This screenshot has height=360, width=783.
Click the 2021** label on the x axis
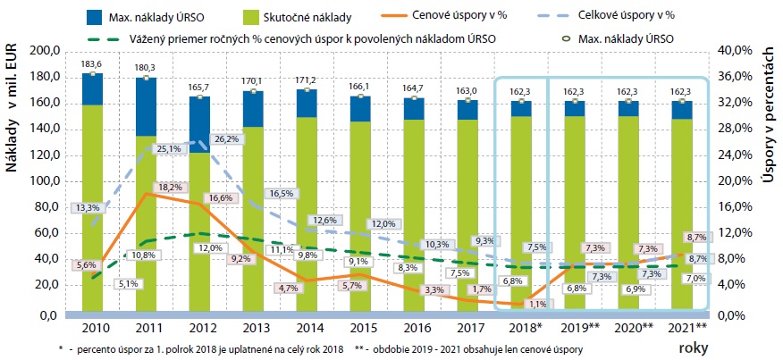point(689,327)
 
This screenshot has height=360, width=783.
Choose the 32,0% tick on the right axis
point(736,103)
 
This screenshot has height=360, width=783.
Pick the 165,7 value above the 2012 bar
point(199,87)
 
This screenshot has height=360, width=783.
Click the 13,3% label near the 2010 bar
point(88,207)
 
